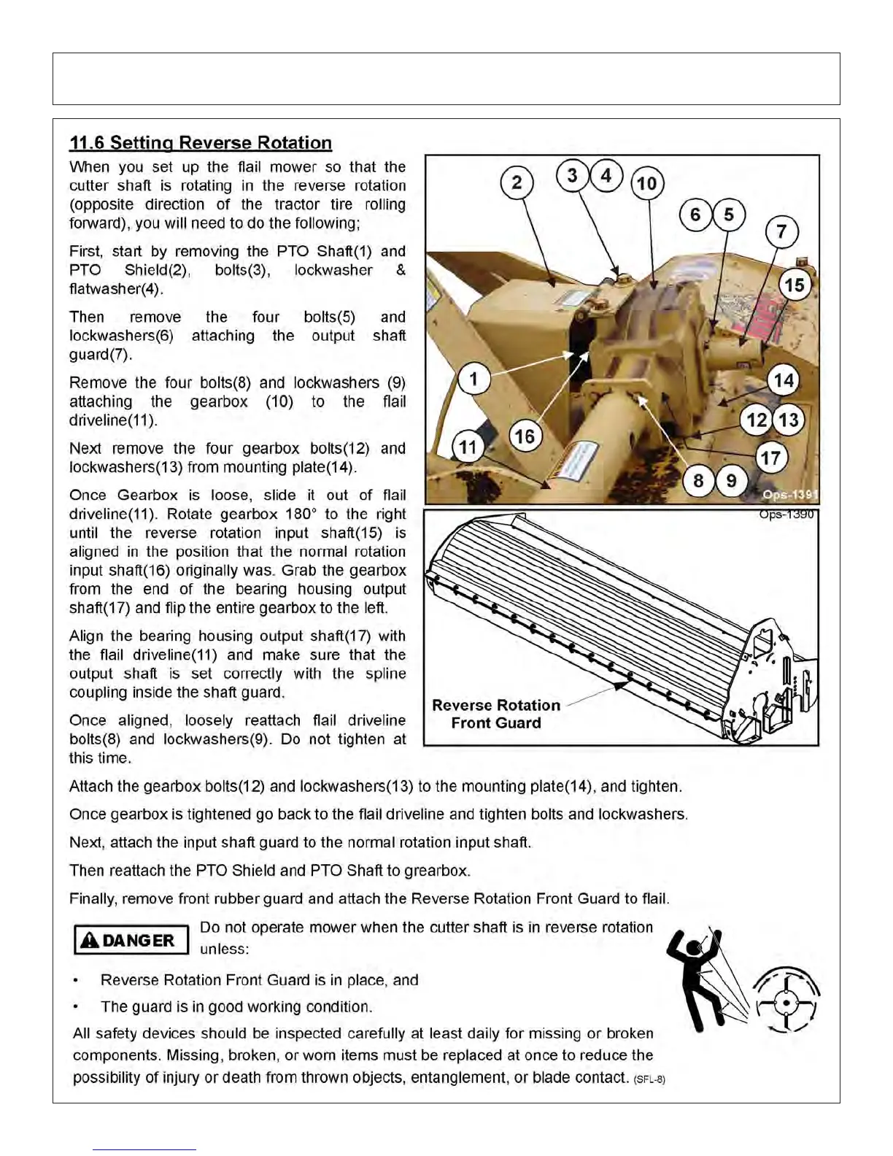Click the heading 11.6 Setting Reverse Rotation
click(x=201, y=143)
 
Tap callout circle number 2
click(x=517, y=182)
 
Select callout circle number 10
click(x=647, y=183)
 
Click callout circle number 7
click(x=781, y=232)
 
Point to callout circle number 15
click(x=795, y=285)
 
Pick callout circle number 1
click(x=473, y=379)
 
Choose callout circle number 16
click(x=525, y=437)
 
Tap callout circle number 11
click(x=468, y=447)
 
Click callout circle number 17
click(x=770, y=458)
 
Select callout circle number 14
click(x=784, y=380)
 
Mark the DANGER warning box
click(x=131, y=940)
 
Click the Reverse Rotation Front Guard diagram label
click(x=496, y=714)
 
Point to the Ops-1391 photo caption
click(x=790, y=496)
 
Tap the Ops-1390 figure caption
click(x=786, y=515)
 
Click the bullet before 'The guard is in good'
click(x=77, y=1007)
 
